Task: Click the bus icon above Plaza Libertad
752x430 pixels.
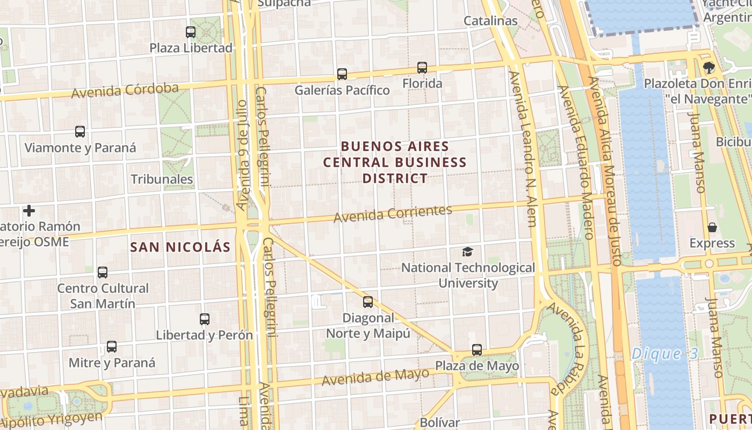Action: click(191, 32)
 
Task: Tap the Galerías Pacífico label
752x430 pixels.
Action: click(342, 90)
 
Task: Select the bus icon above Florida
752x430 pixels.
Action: click(422, 68)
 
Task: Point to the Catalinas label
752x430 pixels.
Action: click(490, 21)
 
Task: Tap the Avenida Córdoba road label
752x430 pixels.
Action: click(125, 90)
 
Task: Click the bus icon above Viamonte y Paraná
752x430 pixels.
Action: click(80, 132)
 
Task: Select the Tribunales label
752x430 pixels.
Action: click(162, 179)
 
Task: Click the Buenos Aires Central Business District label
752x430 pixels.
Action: click(395, 162)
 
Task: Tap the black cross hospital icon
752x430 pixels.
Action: click(29, 211)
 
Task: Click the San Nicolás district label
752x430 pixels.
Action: click(181, 247)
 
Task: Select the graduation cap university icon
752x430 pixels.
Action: click(468, 252)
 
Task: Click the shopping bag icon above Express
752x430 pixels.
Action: click(712, 227)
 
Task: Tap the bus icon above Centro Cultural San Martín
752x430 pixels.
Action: click(103, 273)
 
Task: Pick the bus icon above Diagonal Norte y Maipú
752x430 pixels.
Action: click(368, 302)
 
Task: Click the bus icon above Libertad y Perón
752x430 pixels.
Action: click(205, 319)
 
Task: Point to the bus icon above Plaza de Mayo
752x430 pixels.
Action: click(477, 350)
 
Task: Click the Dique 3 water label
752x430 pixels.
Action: click(664, 354)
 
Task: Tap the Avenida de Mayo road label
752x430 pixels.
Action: click(376, 377)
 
